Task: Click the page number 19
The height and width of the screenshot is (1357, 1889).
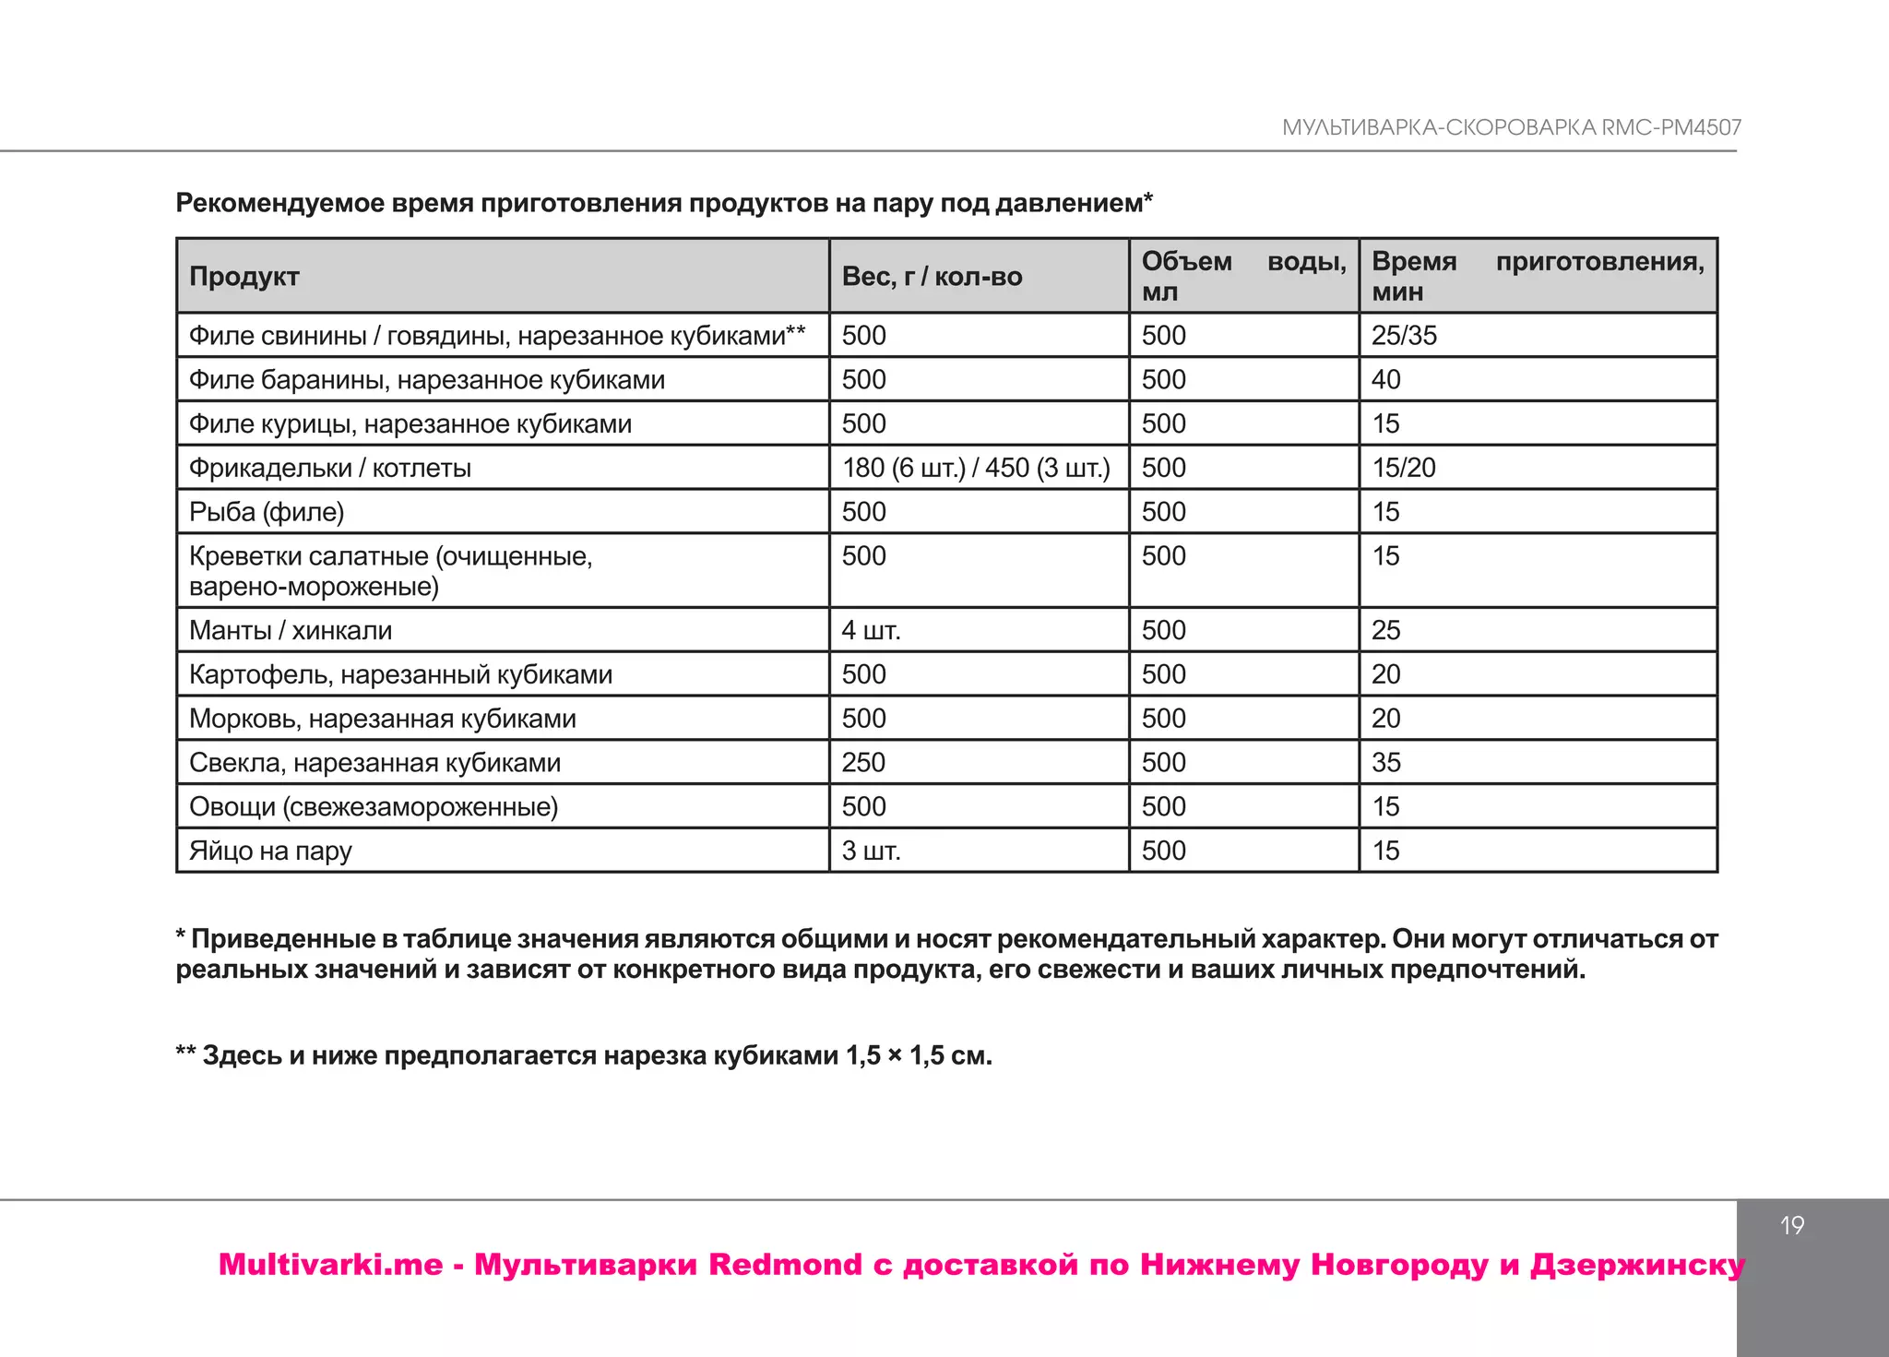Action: pyautogui.click(x=1791, y=1225)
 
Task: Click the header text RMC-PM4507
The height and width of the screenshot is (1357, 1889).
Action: pyautogui.click(x=1670, y=127)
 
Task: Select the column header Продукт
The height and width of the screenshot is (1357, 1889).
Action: pyautogui.click(x=244, y=276)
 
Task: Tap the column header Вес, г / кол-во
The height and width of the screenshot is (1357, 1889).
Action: pyautogui.click(x=932, y=276)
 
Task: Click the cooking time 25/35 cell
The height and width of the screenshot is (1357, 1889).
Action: pyautogui.click(x=1404, y=335)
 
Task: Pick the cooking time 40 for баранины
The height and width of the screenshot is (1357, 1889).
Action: pyautogui.click(x=1385, y=379)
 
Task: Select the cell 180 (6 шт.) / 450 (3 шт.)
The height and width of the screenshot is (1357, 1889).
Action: pyautogui.click(x=976, y=468)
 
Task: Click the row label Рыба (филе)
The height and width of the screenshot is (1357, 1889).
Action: pyautogui.click(x=267, y=512)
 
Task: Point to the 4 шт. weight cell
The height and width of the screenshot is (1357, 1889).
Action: pyautogui.click(x=871, y=630)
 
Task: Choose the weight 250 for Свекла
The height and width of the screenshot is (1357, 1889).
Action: pyautogui.click(x=863, y=762)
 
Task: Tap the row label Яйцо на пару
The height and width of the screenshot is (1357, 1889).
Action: pyautogui.click(x=270, y=851)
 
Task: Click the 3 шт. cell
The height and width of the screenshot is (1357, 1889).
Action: pyautogui.click(x=871, y=851)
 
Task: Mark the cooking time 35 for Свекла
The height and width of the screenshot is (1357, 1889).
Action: pyautogui.click(x=1385, y=762)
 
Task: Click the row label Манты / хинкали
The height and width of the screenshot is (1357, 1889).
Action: pyautogui.click(x=291, y=630)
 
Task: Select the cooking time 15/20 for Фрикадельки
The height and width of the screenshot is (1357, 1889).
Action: pyautogui.click(x=1404, y=468)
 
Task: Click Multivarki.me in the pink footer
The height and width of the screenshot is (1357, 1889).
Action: pyautogui.click(x=330, y=1264)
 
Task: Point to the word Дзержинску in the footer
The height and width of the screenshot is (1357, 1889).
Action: pyautogui.click(x=1637, y=1264)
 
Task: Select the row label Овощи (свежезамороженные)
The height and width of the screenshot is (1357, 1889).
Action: pyautogui.click(x=374, y=806)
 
